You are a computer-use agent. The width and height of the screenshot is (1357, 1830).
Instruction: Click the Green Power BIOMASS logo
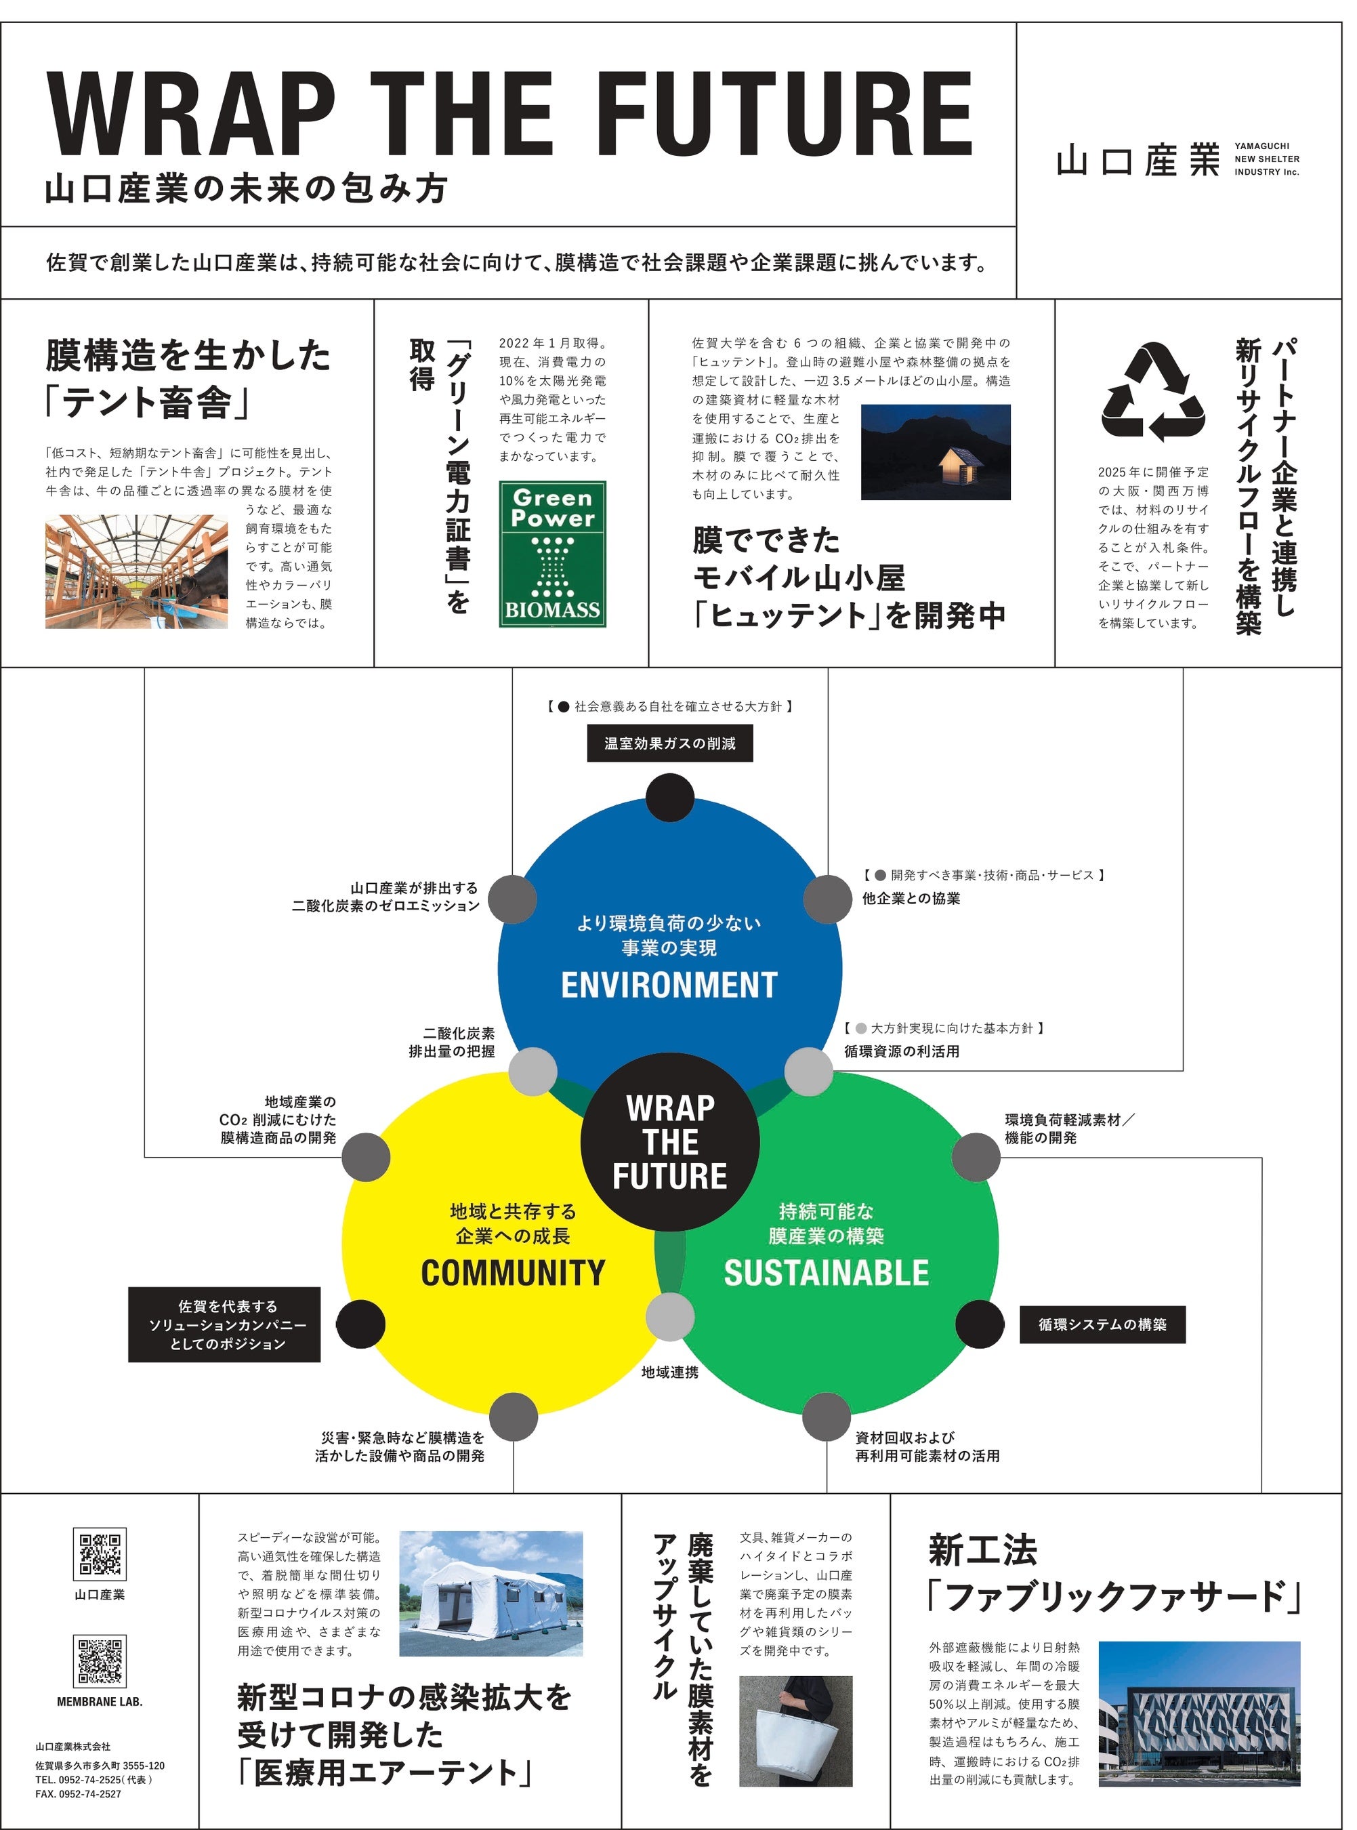(552, 554)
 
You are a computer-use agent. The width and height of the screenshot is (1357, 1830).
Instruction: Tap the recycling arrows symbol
(1152, 393)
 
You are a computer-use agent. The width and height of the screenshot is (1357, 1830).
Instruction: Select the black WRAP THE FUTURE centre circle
(669, 1142)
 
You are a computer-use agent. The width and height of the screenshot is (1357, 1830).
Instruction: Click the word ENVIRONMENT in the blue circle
(669, 984)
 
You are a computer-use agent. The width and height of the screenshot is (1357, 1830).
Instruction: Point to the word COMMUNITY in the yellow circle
(513, 1273)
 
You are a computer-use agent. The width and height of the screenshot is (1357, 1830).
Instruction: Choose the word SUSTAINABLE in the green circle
(826, 1273)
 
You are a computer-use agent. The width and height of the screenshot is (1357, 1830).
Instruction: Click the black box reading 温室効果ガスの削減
(669, 744)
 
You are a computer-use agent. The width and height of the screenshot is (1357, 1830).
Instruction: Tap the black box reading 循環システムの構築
(1102, 1324)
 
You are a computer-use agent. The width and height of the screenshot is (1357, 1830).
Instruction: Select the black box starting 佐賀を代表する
(224, 1324)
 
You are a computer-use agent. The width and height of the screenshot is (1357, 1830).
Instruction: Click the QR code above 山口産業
(100, 1554)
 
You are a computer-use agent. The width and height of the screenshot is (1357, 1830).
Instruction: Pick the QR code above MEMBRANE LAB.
(100, 1661)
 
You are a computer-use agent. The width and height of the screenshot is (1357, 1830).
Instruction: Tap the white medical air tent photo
(490, 1593)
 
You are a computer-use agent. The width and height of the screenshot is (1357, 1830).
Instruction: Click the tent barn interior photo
(136, 572)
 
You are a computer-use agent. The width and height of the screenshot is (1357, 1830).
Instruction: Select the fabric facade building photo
(1199, 1713)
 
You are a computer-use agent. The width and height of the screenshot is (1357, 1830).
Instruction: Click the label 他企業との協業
(911, 899)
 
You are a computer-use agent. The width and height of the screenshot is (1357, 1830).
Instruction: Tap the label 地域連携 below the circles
(669, 1372)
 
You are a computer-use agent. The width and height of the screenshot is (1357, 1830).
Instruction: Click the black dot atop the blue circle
(669, 798)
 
